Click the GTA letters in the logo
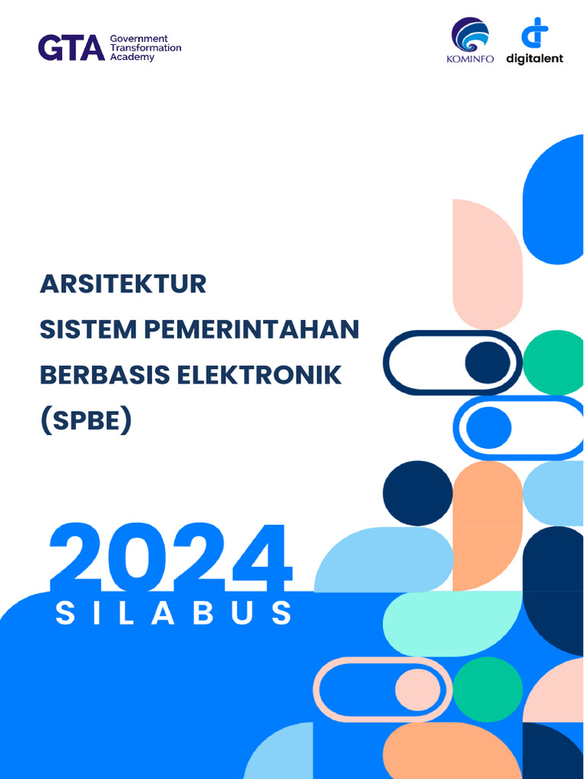(71, 48)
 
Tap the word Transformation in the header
(146, 48)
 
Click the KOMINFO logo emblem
(470, 35)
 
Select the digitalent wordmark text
(535, 59)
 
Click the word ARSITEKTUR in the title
(123, 284)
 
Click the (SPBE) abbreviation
(85, 420)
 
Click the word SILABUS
(174, 613)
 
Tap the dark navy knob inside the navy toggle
(487, 362)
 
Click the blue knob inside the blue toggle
(488, 428)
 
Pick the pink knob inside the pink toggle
(417, 690)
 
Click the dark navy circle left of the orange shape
(417, 493)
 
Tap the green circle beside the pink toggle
(487, 689)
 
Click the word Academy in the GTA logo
(132, 58)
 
